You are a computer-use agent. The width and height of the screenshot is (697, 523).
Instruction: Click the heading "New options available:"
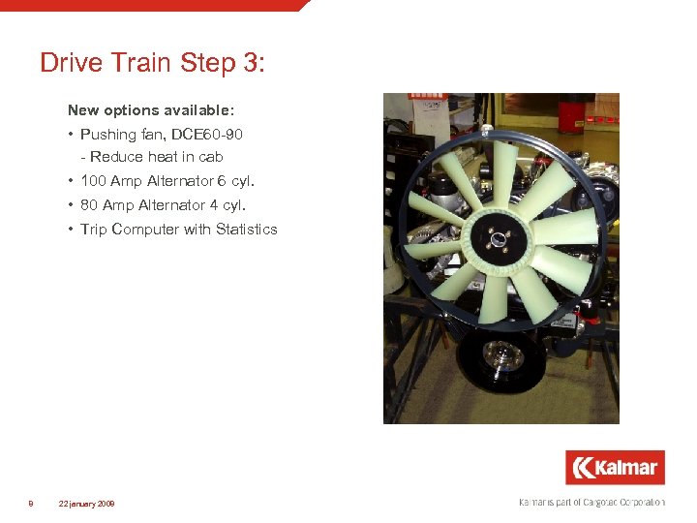coord(151,111)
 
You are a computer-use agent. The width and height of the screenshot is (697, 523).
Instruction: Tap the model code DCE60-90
coord(208,135)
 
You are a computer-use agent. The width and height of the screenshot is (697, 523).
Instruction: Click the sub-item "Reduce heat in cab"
coord(156,157)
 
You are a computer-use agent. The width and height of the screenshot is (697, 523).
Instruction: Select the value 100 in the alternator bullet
coord(94,181)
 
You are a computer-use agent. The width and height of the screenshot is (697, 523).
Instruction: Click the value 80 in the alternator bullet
coord(90,205)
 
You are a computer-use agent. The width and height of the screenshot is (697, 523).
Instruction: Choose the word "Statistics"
coord(246,230)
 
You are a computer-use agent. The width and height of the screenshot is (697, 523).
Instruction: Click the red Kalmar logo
coord(615,468)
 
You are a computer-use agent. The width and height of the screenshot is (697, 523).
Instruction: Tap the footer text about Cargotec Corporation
coord(591,502)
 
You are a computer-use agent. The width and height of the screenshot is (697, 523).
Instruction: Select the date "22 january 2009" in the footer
coord(86,504)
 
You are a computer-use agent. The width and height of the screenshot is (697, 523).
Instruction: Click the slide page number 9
coord(31,504)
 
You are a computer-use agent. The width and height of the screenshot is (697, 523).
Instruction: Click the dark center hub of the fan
coord(496,238)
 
